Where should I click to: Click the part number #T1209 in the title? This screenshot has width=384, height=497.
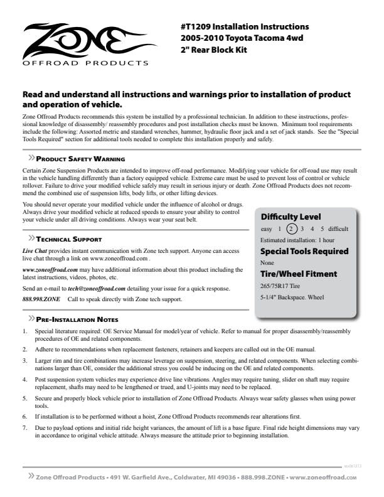coord(195,27)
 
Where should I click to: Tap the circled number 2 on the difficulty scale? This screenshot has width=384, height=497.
coord(291,229)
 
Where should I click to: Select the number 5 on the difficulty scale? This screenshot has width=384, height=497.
coord(322,229)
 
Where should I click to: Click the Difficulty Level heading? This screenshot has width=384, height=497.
coord(291,217)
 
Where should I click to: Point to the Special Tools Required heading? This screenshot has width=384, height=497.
coord(304,251)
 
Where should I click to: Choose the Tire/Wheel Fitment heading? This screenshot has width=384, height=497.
coord(299,274)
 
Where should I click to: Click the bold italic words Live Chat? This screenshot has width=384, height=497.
coord(36,250)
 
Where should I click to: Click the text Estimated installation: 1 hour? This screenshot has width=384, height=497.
coord(297,240)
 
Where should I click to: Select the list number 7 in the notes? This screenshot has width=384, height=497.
coord(24,427)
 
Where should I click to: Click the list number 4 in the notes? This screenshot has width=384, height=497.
coord(24,380)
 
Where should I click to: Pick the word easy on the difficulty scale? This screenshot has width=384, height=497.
coord(267,229)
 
